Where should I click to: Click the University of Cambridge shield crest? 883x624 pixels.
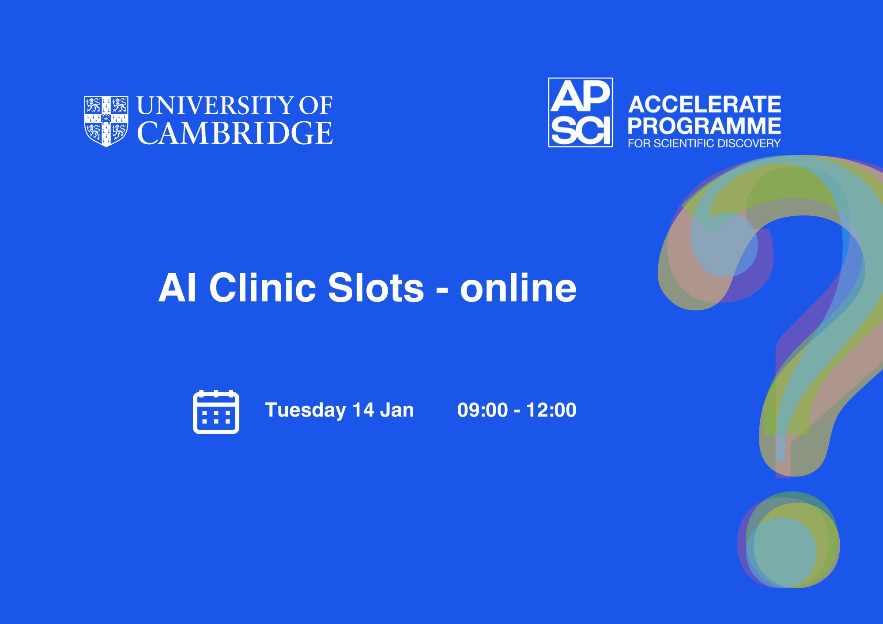tap(106, 121)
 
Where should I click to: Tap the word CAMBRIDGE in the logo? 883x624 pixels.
tap(235, 133)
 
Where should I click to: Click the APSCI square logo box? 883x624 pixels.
tap(581, 113)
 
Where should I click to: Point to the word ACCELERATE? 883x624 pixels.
tap(705, 105)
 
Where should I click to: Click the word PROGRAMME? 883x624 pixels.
tap(705, 126)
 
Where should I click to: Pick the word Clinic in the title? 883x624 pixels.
tap(263, 287)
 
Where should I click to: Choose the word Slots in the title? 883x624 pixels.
tap(376, 287)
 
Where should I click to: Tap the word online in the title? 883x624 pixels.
tap(518, 287)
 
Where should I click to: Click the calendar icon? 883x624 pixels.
tap(216, 412)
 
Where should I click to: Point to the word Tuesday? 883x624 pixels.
tap(306, 410)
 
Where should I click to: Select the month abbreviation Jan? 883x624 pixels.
tap(397, 410)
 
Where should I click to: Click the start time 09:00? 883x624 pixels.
tap(483, 410)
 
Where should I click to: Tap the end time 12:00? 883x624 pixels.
tap(551, 410)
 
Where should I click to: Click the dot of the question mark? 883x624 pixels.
tap(789, 540)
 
